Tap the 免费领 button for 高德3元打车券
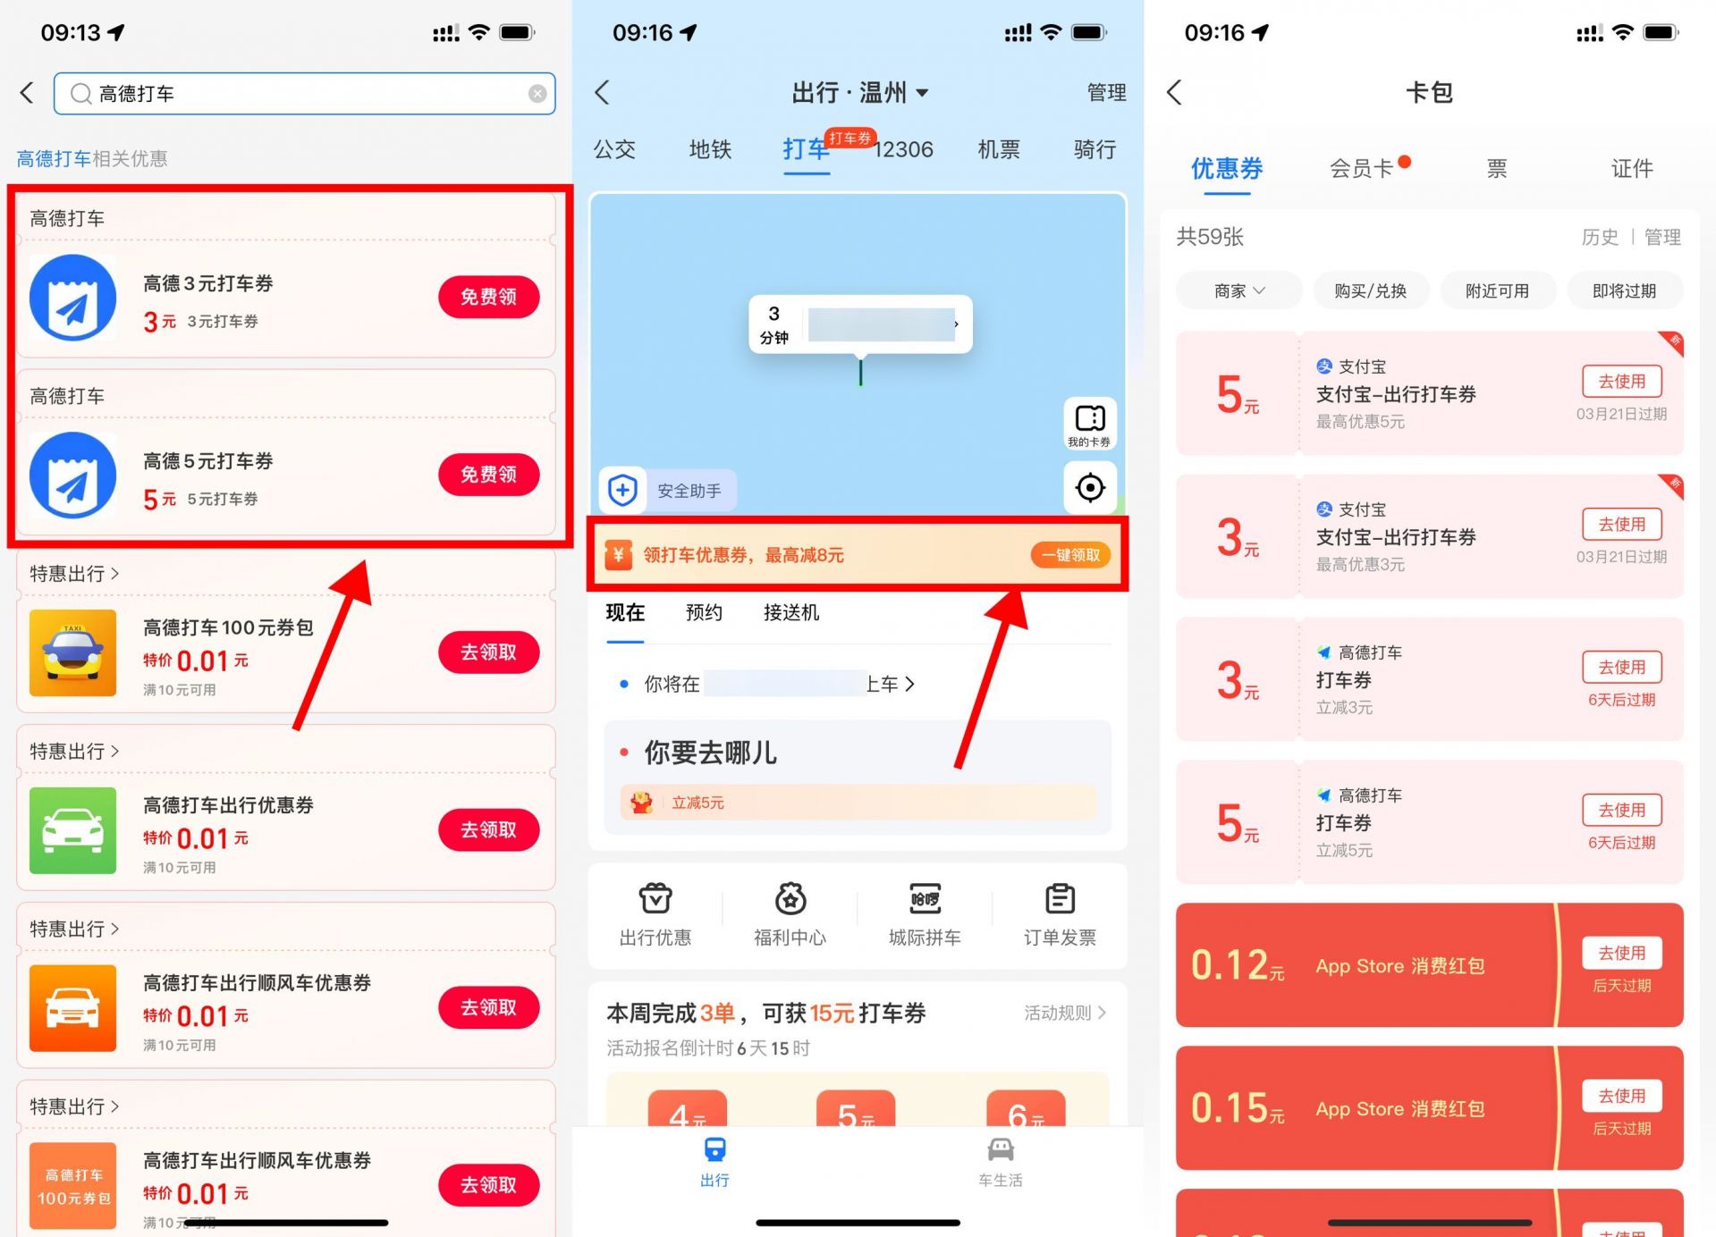point(488,297)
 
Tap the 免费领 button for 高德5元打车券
point(488,475)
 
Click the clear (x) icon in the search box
point(537,94)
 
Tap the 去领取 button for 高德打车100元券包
point(488,652)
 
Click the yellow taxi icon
point(72,652)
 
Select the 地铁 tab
point(710,149)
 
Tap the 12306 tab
point(903,149)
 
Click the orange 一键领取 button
point(1070,555)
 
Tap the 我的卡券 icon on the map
point(1089,423)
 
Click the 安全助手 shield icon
point(623,490)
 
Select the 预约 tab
point(704,612)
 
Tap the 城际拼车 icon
point(925,912)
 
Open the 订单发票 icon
point(1060,912)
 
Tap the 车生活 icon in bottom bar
point(1000,1160)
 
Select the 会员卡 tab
point(1361,168)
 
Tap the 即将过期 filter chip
point(1624,290)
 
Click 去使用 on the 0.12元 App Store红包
point(1621,953)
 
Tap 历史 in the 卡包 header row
point(1600,237)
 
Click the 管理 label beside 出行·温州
point(1106,92)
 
